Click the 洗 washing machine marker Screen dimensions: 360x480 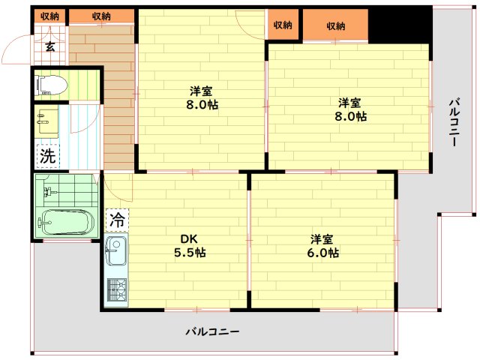(47, 157)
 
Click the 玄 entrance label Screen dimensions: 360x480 (49, 47)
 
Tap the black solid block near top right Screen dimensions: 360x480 (401, 25)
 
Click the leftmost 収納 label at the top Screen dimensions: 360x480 (50, 15)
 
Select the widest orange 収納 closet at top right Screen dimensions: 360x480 (335, 25)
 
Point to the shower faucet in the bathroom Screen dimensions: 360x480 (49, 193)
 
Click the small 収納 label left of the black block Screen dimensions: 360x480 (283, 25)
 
